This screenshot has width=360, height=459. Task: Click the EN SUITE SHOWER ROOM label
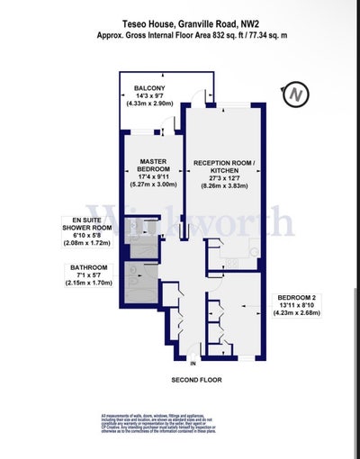pyautogui.click(x=87, y=224)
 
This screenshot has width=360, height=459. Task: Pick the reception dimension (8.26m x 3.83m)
pyautogui.click(x=224, y=185)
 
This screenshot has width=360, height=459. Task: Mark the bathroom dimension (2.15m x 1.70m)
pyautogui.click(x=89, y=283)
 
